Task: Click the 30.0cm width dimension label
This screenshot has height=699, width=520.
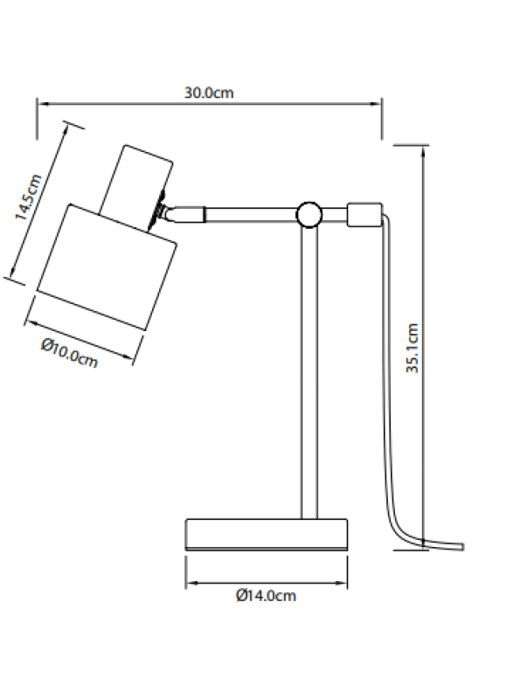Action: coord(209,92)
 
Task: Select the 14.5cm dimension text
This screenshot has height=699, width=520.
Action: coord(28,201)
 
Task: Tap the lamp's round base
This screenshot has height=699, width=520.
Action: coord(267,534)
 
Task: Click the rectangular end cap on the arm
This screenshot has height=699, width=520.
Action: coord(364,213)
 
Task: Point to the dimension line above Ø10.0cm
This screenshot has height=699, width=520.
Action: coord(83,328)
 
